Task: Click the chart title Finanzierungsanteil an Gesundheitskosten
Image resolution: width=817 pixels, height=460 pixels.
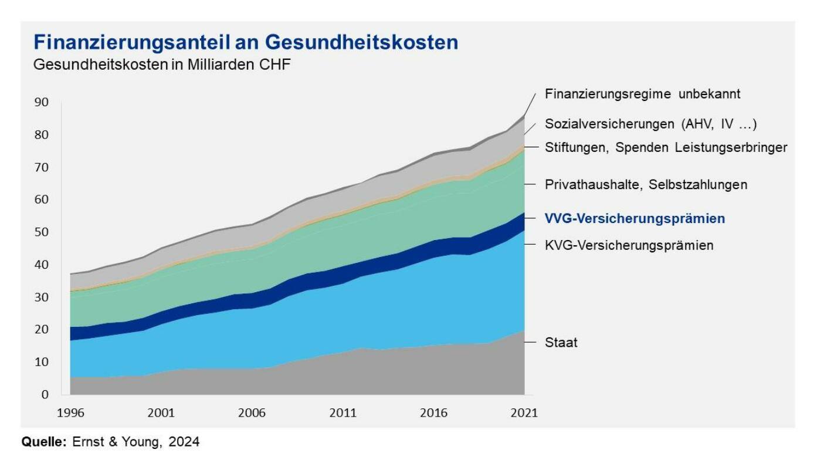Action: click(x=246, y=43)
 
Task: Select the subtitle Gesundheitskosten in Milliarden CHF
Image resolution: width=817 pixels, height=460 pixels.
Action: click(x=162, y=65)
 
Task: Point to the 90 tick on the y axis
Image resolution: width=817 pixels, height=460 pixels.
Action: click(x=42, y=103)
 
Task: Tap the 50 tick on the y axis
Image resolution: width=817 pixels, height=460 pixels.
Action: click(x=42, y=232)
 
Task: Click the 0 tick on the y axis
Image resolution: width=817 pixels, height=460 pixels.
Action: click(x=45, y=394)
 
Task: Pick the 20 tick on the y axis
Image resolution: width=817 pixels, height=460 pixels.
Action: click(x=42, y=330)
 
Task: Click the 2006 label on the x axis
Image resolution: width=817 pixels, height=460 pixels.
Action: click(x=252, y=413)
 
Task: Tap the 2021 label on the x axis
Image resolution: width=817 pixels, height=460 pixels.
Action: click(x=524, y=413)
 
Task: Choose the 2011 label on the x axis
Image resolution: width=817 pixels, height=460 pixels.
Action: click(x=343, y=413)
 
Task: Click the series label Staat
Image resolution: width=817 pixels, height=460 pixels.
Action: click(x=561, y=343)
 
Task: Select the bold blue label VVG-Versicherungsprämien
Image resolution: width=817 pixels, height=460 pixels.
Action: click(x=635, y=219)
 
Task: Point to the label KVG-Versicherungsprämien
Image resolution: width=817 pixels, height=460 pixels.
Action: click(x=629, y=245)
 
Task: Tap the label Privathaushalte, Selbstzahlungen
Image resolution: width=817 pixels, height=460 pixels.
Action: click(x=646, y=185)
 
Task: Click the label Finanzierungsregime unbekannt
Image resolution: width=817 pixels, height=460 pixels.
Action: click(x=642, y=94)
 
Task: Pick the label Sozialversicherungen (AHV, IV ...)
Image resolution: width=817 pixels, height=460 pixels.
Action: click(x=650, y=124)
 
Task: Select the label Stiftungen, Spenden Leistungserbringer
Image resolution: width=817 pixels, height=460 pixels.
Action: click(x=666, y=148)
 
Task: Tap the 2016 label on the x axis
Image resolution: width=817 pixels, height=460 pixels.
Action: click(x=433, y=413)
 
